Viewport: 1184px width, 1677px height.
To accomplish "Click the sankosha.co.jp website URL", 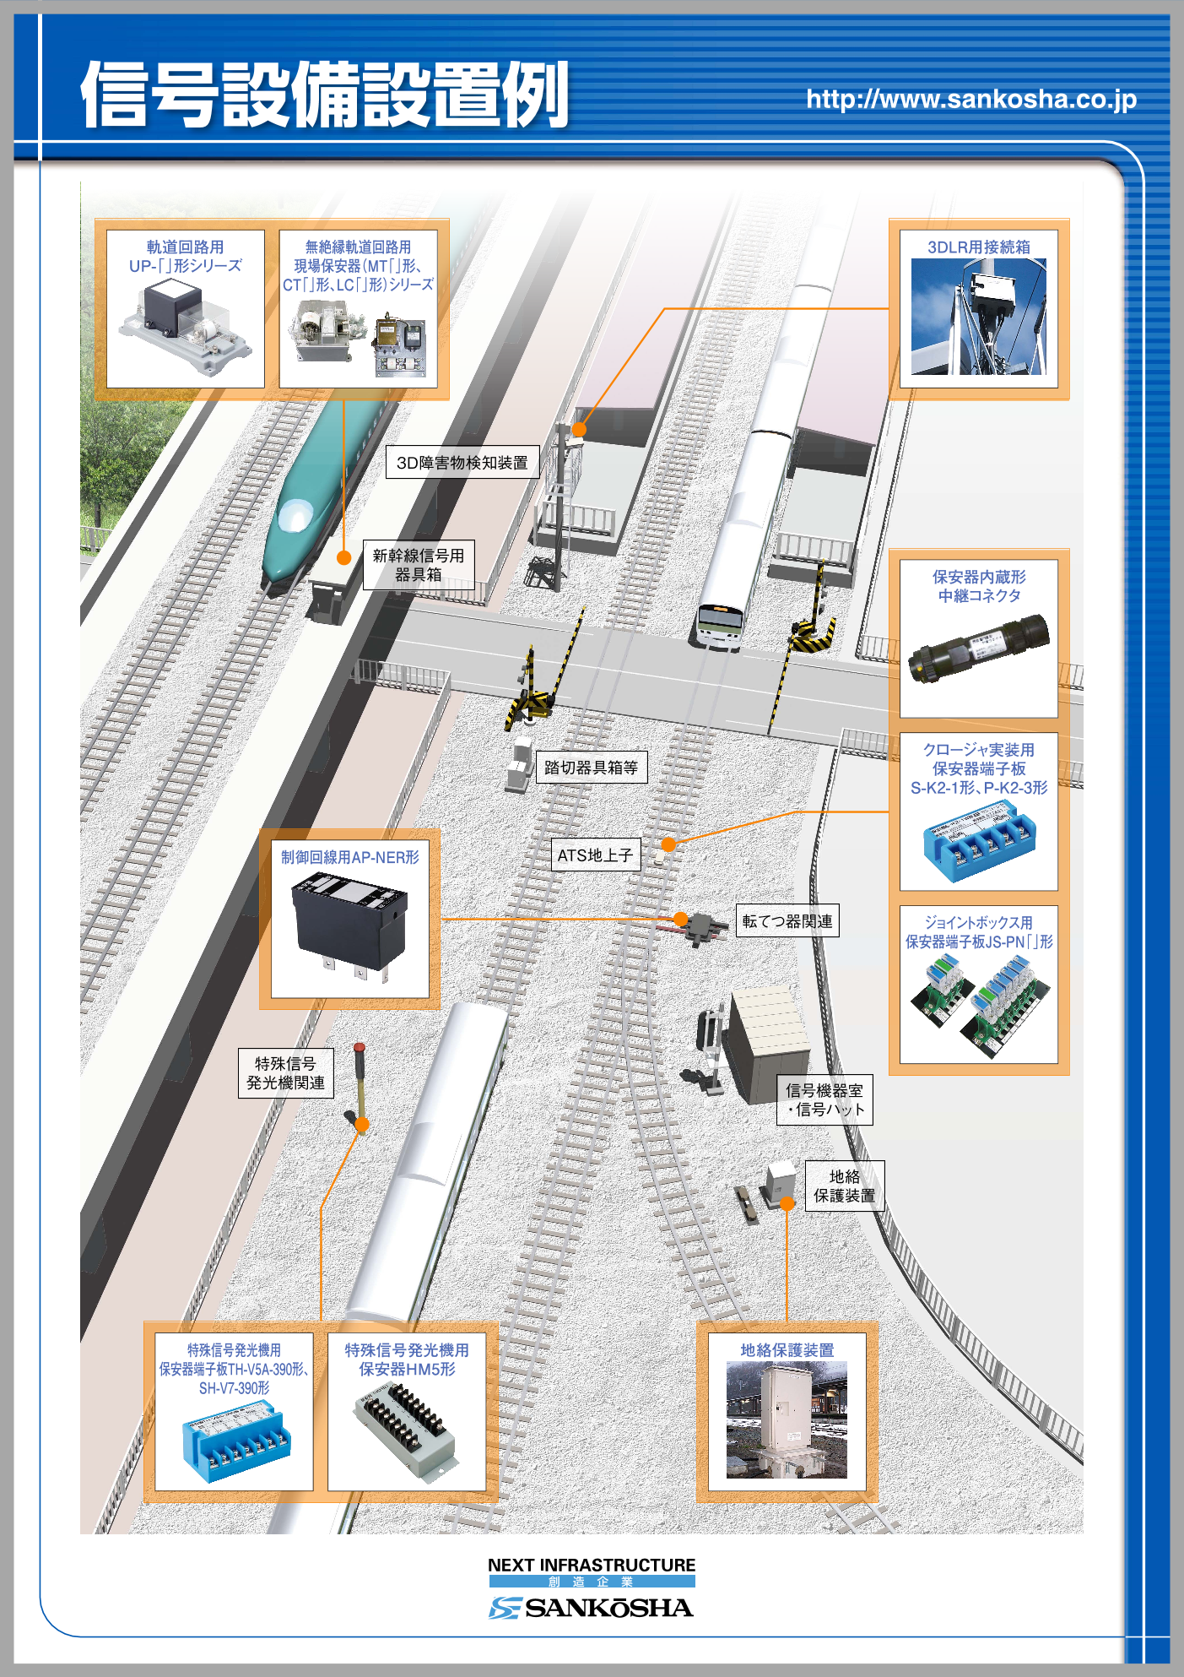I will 971,100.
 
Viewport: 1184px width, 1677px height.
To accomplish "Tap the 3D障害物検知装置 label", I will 462,463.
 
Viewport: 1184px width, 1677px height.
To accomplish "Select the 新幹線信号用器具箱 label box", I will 419,565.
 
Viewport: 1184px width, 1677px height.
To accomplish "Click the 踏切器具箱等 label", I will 591,768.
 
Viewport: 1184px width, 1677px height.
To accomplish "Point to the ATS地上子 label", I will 595,855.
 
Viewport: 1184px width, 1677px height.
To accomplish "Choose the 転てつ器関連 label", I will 787,921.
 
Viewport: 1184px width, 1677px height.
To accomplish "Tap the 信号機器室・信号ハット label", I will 824,1100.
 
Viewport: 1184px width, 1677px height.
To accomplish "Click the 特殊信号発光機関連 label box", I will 285,1073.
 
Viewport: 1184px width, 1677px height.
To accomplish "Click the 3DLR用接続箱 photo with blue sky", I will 978,317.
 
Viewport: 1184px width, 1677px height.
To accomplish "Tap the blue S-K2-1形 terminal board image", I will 978,840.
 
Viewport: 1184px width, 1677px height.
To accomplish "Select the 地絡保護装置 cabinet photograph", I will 787,1419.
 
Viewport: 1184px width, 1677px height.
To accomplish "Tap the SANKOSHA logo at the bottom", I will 592,1608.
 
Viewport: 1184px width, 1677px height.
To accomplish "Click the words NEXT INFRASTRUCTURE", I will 592,1565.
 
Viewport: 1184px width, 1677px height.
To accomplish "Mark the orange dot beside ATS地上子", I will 668,844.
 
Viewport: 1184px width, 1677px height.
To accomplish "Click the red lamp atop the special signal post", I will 360,1047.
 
